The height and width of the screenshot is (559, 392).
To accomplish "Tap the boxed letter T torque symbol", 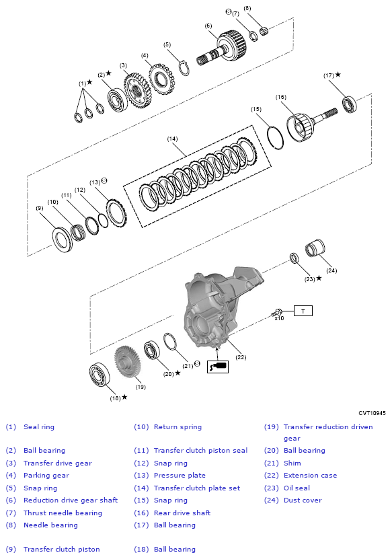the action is (303, 311).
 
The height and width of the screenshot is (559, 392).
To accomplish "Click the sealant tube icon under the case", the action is (218, 367).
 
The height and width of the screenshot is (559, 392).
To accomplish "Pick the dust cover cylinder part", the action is (315, 248).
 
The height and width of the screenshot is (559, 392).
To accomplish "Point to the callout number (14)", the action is (173, 139).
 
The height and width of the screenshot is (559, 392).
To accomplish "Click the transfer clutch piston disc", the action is (63, 240).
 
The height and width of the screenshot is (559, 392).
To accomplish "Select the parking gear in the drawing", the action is (161, 79).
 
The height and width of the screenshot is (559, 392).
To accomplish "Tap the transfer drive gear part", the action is (139, 90).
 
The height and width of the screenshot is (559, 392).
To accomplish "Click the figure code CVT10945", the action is (372, 413).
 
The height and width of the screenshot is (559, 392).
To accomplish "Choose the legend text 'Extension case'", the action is (310, 475).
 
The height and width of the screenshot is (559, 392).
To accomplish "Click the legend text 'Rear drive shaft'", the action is (182, 513).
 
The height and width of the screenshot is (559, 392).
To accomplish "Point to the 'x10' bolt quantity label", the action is (280, 318).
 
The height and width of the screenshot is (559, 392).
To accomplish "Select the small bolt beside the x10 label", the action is (276, 312).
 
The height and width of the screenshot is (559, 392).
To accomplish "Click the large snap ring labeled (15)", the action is (276, 137).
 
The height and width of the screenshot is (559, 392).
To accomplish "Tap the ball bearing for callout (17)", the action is (349, 104).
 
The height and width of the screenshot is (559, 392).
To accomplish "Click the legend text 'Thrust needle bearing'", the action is (63, 513).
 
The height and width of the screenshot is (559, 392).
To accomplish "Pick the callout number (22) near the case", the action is (241, 357).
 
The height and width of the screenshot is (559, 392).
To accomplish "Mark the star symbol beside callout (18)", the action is (124, 397).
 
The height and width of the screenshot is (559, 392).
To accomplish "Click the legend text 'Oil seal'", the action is (297, 488).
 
